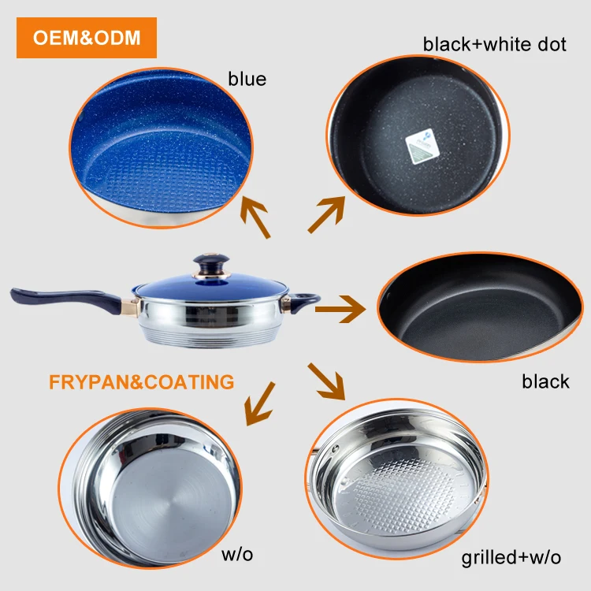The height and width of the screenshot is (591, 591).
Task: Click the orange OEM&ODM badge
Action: (87, 38)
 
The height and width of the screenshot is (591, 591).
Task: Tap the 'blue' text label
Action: (247, 79)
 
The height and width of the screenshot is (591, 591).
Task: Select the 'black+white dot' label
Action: (494, 44)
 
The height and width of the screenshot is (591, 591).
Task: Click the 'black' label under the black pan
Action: (545, 381)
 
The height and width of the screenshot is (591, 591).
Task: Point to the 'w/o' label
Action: (237, 554)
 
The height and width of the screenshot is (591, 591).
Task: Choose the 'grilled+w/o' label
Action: (511, 557)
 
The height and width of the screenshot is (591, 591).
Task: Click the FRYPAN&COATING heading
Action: (141, 382)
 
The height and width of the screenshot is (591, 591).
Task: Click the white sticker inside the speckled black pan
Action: (422, 146)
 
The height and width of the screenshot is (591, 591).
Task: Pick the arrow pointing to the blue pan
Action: (255, 217)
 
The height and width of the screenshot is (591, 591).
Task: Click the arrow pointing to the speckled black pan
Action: (326, 214)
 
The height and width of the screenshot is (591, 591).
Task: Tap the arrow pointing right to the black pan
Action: (340, 309)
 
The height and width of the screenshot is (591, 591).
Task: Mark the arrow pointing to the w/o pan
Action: (260, 403)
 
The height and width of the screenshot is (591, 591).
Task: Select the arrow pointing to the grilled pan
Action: (326, 381)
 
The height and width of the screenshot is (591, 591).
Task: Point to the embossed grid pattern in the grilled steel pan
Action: (405, 494)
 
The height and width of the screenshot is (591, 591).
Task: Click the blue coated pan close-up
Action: (161, 148)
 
